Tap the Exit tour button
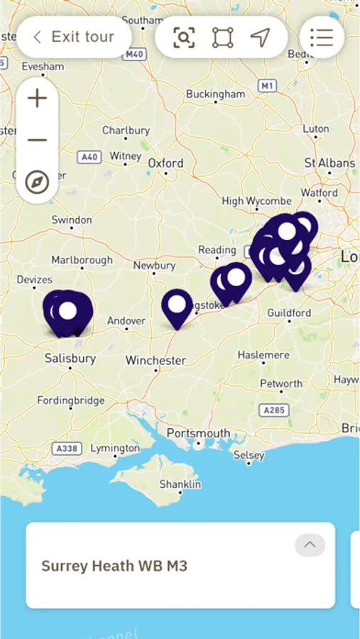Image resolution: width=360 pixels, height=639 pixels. (x=74, y=37)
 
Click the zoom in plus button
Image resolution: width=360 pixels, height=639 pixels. (x=37, y=98)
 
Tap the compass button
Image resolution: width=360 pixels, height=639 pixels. (x=37, y=182)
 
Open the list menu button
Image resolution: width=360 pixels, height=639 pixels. (x=322, y=37)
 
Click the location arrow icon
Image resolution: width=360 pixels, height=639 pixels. (x=261, y=37)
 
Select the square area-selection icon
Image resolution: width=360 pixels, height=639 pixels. (x=222, y=37)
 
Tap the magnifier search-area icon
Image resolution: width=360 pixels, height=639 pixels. (x=184, y=37)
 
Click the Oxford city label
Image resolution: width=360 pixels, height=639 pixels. (x=165, y=163)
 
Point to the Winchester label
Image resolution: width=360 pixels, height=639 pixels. (x=156, y=361)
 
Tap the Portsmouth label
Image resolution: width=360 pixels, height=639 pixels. (x=198, y=433)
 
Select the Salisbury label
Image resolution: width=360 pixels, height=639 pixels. (x=70, y=359)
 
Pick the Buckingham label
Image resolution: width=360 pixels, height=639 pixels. (x=215, y=94)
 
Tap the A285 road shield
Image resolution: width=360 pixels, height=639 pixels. (x=274, y=410)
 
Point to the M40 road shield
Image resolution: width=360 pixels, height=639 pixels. (x=135, y=54)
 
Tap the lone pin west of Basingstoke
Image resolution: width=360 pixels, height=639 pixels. (x=177, y=306)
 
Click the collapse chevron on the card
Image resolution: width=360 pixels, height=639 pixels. (x=310, y=545)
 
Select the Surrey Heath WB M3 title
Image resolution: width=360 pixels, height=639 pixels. (x=114, y=566)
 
